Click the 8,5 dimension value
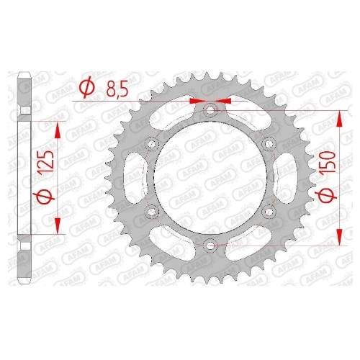pos(117,89)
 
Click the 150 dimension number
pos(328,163)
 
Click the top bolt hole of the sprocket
pos(210,111)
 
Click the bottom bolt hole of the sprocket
pos(210,246)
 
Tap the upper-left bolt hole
pos(152,144)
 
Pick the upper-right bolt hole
pos(269,144)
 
